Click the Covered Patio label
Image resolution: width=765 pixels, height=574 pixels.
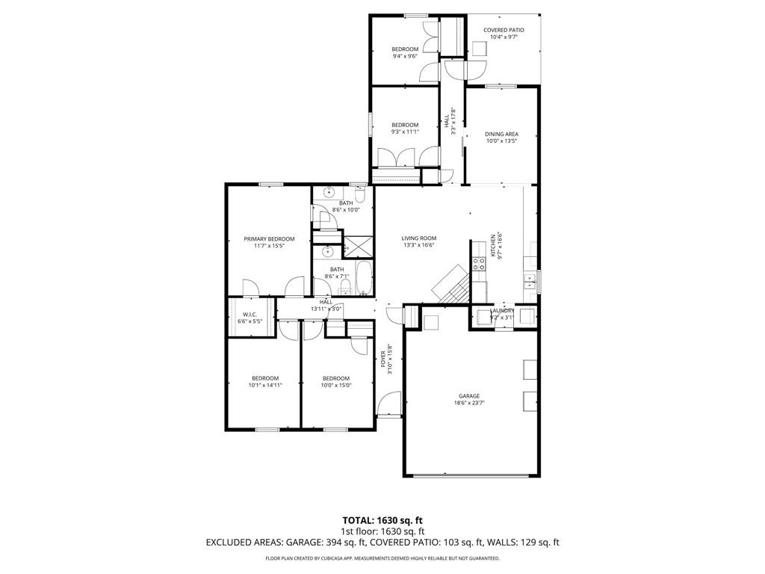pyautogui.click(x=503, y=31)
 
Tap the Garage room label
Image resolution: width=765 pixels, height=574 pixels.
pyautogui.click(x=469, y=396)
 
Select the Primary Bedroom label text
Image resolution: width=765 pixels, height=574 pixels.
pyautogui.click(x=269, y=239)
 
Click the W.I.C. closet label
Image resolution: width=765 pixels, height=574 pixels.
pyautogui.click(x=250, y=314)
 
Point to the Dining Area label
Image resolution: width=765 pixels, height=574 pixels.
pyautogui.click(x=501, y=135)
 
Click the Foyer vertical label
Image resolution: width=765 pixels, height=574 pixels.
pyautogui.click(x=384, y=358)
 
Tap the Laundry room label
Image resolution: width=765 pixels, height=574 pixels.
pyautogui.click(x=502, y=311)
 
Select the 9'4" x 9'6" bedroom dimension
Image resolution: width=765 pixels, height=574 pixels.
pyautogui.click(x=405, y=56)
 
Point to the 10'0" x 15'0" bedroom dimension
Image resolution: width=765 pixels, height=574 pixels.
pyautogui.click(x=335, y=385)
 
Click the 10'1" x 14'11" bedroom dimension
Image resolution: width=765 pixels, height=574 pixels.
pyautogui.click(x=264, y=385)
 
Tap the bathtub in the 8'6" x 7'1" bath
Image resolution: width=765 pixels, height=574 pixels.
pyautogui.click(x=363, y=279)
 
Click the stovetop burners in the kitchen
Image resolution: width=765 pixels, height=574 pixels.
pyautogui.click(x=479, y=263)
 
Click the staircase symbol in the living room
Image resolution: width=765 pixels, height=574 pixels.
pyautogui.click(x=451, y=285)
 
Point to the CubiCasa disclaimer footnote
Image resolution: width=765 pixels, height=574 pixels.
pyautogui.click(x=382, y=558)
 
